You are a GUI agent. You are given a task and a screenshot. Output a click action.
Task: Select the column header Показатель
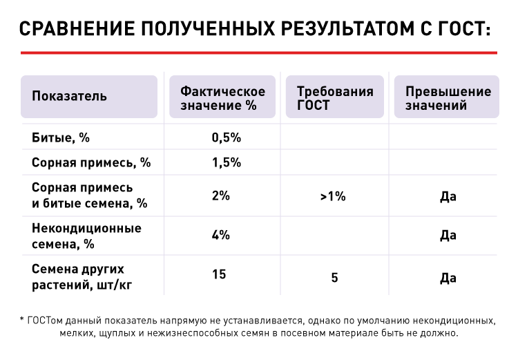69,96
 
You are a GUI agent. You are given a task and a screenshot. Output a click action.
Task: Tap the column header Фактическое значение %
222,98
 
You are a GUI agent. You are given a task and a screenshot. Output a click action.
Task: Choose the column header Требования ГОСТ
335,98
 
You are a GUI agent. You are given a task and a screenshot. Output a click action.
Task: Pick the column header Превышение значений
448,98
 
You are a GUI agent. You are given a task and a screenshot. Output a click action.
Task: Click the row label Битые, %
61,137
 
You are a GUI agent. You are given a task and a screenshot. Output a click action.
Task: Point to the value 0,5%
225,137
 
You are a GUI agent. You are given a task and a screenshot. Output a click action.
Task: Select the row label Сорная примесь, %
91,162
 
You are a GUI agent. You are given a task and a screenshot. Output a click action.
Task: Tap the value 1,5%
225,162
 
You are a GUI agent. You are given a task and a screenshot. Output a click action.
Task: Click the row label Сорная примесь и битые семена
90,196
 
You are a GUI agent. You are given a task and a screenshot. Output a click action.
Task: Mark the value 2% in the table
220,196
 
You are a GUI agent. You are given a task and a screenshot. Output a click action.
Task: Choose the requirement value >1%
333,196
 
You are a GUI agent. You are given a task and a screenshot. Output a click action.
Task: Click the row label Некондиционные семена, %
86,236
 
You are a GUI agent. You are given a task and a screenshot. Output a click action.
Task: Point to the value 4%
220,234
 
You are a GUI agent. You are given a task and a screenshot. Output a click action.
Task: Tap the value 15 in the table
219,275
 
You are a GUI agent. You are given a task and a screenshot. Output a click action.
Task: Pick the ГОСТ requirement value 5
334,278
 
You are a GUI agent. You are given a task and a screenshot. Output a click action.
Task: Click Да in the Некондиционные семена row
448,236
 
